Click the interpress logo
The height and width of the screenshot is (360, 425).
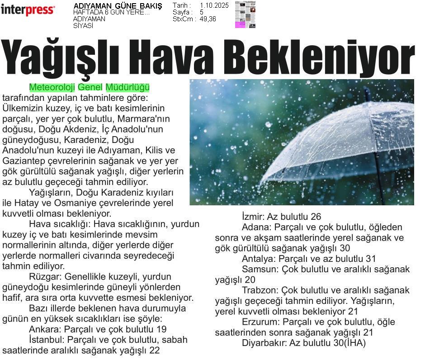[x=28, y=9]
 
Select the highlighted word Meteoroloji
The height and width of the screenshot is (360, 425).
[x=52, y=87]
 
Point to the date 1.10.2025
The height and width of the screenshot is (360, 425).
[x=214, y=5]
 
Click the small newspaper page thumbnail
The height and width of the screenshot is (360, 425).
[x=245, y=14]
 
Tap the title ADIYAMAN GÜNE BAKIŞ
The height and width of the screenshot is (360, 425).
[x=118, y=6]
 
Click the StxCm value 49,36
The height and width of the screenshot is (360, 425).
[x=208, y=19]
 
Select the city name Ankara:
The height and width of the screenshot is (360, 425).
[x=45, y=329]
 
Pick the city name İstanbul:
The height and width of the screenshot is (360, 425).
[x=46, y=340]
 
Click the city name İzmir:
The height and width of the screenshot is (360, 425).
[x=253, y=217]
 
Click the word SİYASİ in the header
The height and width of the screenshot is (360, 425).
[x=83, y=26]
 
